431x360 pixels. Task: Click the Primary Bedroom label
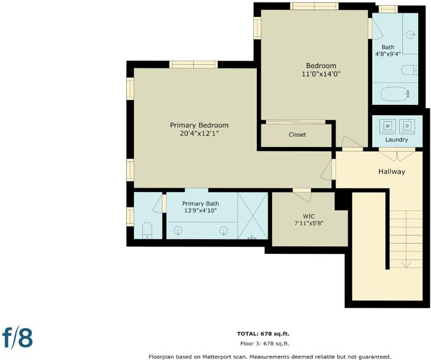[x=199, y=125]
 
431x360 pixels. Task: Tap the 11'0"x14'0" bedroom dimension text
[x=321, y=74]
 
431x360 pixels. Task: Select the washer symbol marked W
[x=388, y=126]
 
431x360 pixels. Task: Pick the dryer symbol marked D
[x=407, y=126]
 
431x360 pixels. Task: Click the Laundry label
[x=396, y=140]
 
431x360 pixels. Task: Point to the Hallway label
[x=392, y=172]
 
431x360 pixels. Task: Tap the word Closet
[x=297, y=134]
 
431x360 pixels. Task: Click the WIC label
[x=309, y=216]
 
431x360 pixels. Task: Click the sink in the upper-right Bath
[x=411, y=35]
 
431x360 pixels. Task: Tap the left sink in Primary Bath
[x=178, y=230]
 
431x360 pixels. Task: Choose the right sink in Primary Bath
[x=224, y=230]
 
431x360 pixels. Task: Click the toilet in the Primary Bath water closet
[x=147, y=230]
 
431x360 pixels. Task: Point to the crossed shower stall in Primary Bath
[x=252, y=215]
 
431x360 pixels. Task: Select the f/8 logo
[x=17, y=338]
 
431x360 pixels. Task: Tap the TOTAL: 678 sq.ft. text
[x=263, y=334]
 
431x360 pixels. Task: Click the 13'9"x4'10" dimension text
[x=200, y=211]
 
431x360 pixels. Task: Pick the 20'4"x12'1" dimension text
[x=199, y=134]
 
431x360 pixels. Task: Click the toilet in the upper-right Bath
[x=409, y=70]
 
